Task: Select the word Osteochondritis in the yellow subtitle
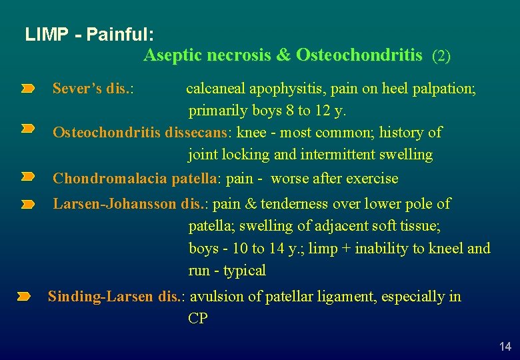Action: (359, 55)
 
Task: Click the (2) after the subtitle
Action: (441, 56)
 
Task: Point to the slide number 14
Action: (505, 346)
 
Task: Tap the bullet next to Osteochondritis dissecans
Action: (27, 128)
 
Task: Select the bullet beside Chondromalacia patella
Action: (27, 177)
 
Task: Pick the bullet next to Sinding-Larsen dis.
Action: (24, 296)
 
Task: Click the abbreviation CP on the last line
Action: (198, 319)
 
